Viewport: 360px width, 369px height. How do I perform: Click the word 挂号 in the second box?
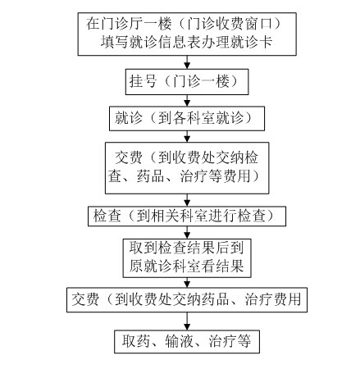tap(143, 81)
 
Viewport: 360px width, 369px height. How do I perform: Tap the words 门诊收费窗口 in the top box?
tap(230, 24)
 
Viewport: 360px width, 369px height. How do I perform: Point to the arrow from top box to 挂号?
tap(187, 62)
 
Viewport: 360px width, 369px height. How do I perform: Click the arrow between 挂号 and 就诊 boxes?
tap(187, 101)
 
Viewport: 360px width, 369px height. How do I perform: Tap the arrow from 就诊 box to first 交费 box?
tap(187, 136)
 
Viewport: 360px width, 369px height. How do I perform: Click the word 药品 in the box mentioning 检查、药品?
tap(150, 176)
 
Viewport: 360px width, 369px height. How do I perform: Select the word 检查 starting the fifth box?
tap(107, 216)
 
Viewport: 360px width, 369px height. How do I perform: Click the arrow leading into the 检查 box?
tap(187, 200)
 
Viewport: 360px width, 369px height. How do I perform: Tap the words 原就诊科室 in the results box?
tap(165, 266)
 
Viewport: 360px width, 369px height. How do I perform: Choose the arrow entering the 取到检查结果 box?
tap(187, 232)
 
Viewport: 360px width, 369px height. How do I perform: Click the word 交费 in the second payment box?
tap(85, 299)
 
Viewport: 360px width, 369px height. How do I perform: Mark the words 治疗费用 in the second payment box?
tap(273, 299)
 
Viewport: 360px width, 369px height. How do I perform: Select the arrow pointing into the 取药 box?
tap(187, 321)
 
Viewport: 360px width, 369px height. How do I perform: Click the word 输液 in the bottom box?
tap(180, 342)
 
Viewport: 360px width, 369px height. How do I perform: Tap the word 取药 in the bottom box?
tap(136, 342)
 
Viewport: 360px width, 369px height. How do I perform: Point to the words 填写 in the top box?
tap(115, 43)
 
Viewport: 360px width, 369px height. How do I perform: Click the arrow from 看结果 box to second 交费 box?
tap(187, 282)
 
